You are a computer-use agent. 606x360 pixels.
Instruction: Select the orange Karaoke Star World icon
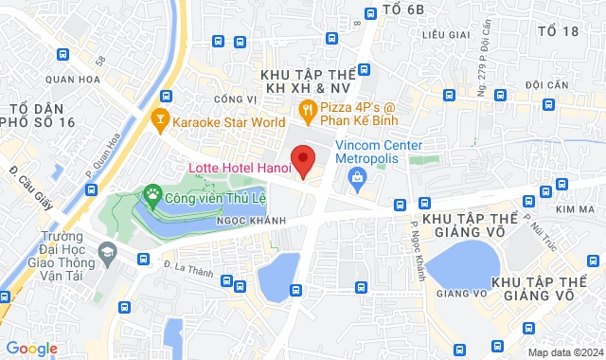click(x=160, y=121)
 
